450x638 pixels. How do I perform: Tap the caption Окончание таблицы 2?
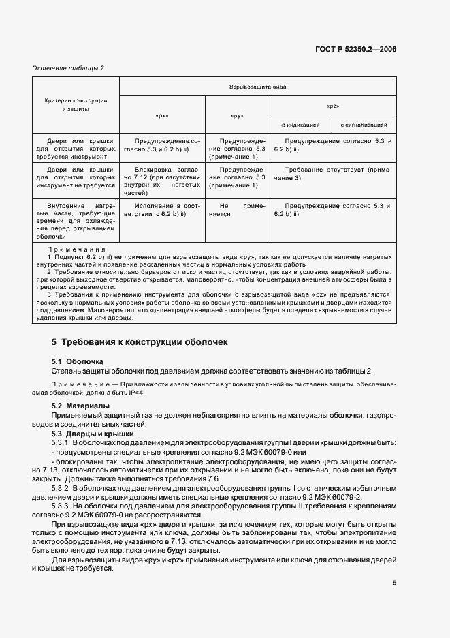click(69, 67)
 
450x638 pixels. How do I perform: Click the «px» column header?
click(162, 115)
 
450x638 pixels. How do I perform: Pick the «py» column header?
click(237, 115)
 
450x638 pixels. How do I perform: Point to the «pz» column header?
click(333, 106)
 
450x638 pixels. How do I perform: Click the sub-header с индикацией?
click(300, 125)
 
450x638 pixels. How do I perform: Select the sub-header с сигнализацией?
click(364, 125)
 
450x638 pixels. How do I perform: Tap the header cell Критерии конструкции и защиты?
click(76, 105)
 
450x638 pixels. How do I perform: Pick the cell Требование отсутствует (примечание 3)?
click(333, 173)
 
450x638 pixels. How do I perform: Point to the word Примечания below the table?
click(76, 250)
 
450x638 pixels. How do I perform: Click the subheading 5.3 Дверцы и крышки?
click(93, 434)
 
